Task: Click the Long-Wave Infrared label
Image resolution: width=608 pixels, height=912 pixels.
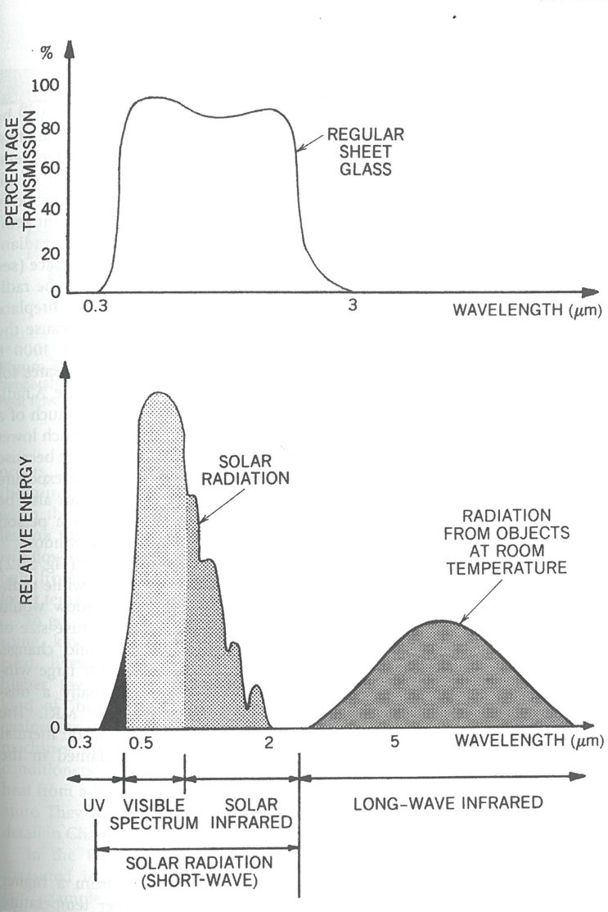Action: click(x=448, y=803)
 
